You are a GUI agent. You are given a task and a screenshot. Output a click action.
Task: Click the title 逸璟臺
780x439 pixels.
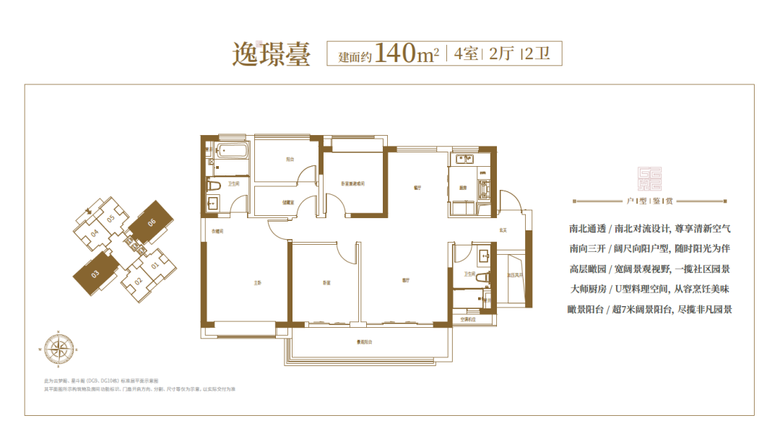click(271, 54)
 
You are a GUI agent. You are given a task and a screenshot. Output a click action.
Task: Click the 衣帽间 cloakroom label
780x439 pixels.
click(217, 232)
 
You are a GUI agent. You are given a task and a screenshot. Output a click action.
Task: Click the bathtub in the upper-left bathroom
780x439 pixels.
click(230, 154)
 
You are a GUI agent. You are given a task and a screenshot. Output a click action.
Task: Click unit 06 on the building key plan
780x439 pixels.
click(152, 222)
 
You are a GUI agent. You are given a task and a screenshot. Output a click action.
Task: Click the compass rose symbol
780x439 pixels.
click(59, 349)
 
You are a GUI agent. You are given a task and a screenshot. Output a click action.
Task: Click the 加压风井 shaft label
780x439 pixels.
click(515, 276)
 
